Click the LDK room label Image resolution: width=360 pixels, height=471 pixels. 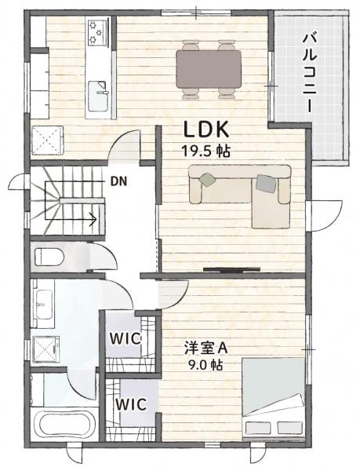click(x=206, y=130)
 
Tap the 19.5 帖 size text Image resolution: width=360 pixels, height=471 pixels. click(x=207, y=152)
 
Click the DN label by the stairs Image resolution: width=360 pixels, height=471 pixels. click(x=118, y=181)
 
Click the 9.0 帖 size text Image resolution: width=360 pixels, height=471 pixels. click(x=205, y=365)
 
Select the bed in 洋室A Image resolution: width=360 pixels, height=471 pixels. click(x=272, y=396)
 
